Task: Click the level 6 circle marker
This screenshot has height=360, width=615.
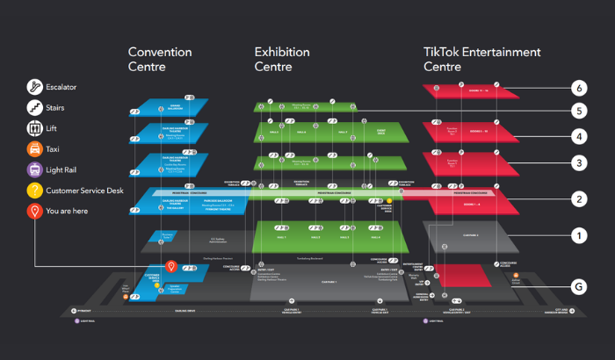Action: coord(578,88)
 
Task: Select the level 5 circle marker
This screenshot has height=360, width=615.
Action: coord(578,112)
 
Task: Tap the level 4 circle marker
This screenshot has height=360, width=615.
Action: coord(578,137)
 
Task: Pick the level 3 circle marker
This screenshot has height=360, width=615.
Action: coord(578,162)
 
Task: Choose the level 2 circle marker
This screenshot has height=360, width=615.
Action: coord(578,199)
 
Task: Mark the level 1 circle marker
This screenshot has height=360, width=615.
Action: coord(578,235)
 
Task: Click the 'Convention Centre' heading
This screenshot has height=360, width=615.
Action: coord(160,59)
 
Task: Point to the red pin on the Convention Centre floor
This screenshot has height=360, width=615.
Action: coord(172,265)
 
